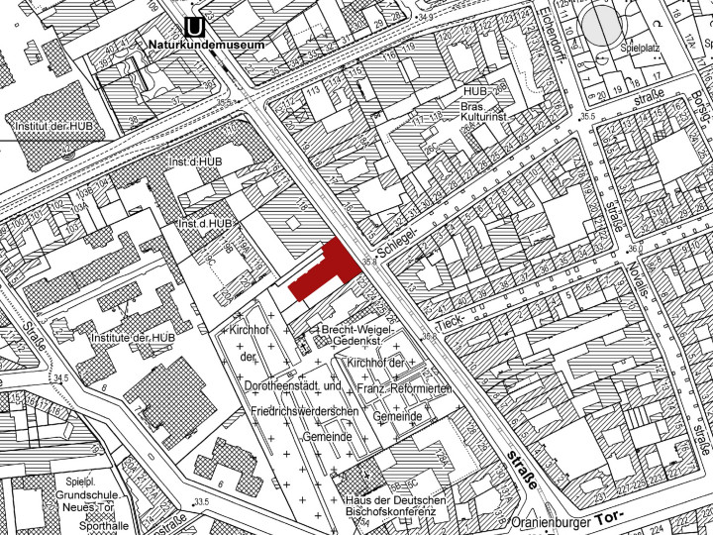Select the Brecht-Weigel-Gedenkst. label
(356, 334)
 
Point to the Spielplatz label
(640, 47)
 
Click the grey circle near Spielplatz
(602, 25)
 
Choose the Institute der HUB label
(132, 338)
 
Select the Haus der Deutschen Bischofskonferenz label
(395, 507)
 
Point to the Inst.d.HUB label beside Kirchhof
(205, 224)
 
